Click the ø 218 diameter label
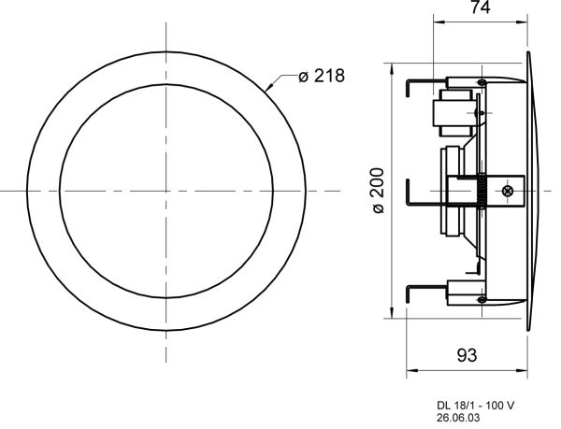pos(322,76)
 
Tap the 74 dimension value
pos(481,7)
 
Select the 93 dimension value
pos(467,355)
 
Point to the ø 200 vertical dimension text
pos(378,190)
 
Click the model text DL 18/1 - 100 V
pos(476,406)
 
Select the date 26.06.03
pos(458,418)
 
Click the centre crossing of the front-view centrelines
pos(166,191)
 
